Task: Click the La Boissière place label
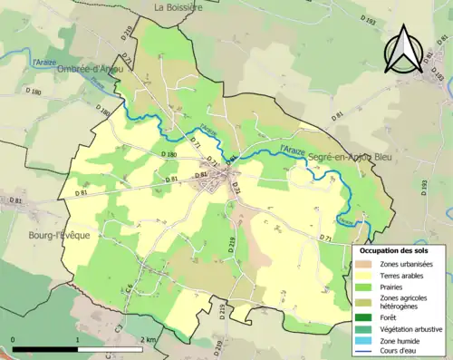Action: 178,7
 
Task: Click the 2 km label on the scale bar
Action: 148,338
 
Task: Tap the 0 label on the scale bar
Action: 13,338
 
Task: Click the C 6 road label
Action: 129,287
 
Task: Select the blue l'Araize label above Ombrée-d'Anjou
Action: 43,63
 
